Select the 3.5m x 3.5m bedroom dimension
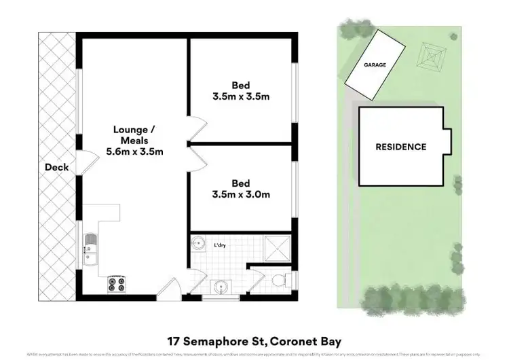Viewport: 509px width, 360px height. coord(241,96)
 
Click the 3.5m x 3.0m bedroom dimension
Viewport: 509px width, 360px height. coord(241,195)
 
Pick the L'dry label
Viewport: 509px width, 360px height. coord(221,245)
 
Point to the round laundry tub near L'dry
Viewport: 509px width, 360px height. coord(198,243)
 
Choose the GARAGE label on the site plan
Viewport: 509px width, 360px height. coord(374,65)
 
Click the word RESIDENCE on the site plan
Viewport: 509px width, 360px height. coord(400,147)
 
